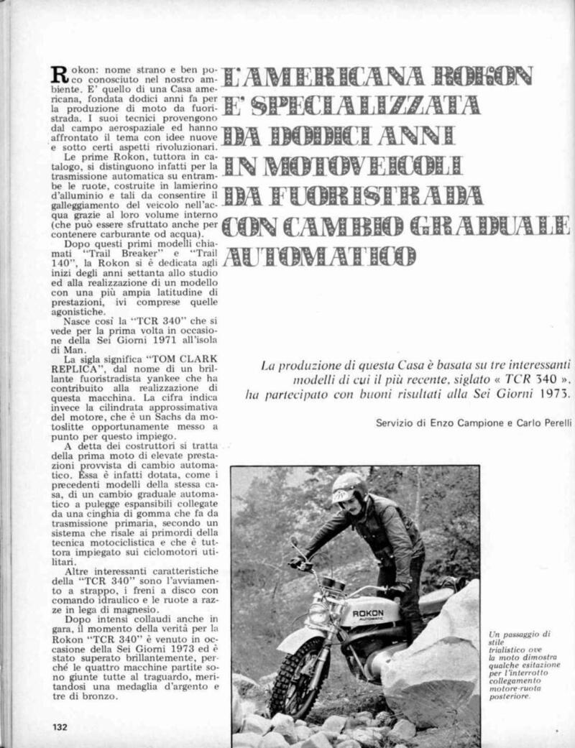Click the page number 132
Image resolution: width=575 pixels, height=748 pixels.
(x=59, y=727)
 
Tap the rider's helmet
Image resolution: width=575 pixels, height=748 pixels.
(x=349, y=489)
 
